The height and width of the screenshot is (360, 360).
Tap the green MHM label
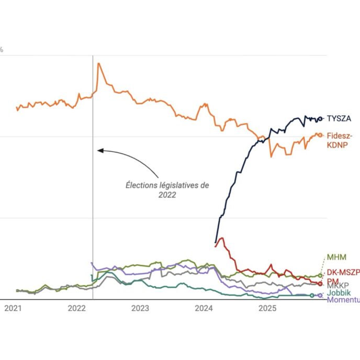click(336, 257)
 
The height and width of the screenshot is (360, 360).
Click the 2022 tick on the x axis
click(77, 308)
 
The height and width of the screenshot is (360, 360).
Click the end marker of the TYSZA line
click(321, 118)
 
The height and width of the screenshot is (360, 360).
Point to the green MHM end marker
click(320, 275)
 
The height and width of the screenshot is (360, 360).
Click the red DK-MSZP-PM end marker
click(320, 283)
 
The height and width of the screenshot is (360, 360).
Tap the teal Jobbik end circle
click(312, 296)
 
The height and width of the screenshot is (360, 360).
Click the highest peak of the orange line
click(98, 63)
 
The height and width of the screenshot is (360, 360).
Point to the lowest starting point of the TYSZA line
click(216, 243)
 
